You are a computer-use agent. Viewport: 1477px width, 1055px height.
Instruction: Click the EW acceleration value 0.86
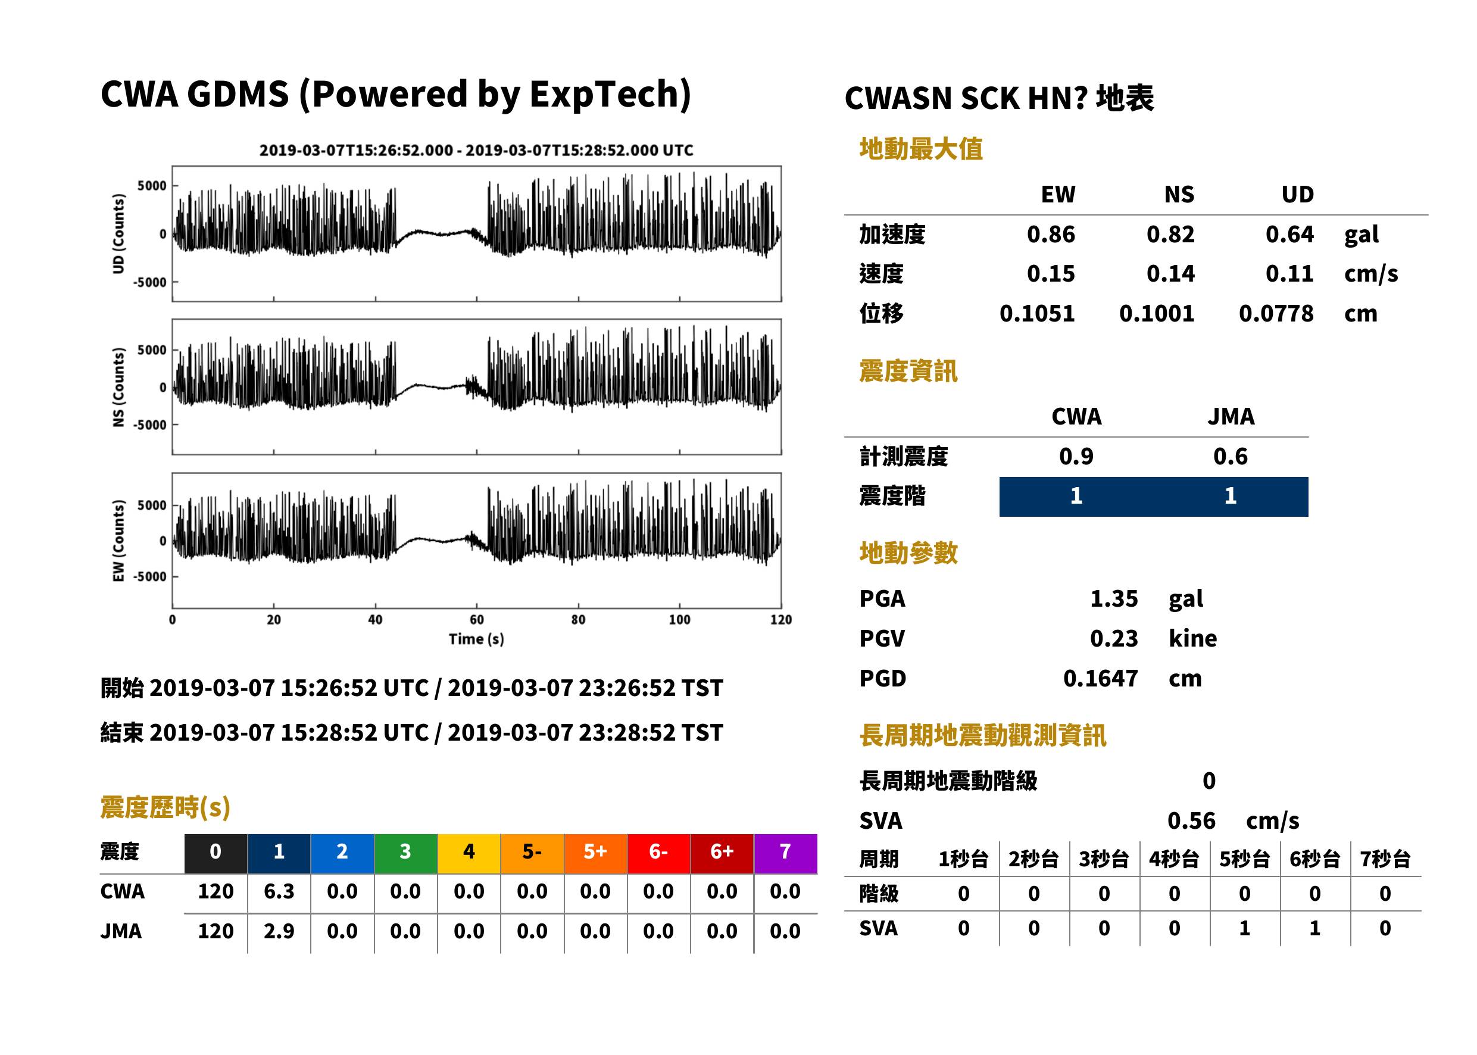pyautogui.click(x=1050, y=234)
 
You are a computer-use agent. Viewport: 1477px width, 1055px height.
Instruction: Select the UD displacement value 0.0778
pyautogui.click(x=1276, y=313)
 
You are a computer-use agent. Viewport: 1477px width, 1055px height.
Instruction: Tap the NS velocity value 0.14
pyautogui.click(x=1170, y=273)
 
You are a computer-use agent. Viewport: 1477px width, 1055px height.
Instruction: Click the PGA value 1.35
pyautogui.click(x=1114, y=598)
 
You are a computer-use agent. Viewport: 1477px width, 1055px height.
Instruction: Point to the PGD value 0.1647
pyautogui.click(x=1100, y=678)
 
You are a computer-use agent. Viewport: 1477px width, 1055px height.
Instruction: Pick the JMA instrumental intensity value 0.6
pyautogui.click(x=1230, y=456)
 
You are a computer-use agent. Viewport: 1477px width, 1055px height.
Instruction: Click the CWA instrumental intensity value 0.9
pyautogui.click(x=1076, y=456)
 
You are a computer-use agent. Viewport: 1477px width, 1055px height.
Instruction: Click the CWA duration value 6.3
pyautogui.click(x=279, y=891)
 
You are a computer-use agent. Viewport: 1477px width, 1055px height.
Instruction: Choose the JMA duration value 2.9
pyautogui.click(x=279, y=931)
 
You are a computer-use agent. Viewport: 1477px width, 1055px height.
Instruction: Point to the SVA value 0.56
pyautogui.click(x=1191, y=820)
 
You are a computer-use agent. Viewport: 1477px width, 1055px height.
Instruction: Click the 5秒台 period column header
pyautogui.click(x=1244, y=859)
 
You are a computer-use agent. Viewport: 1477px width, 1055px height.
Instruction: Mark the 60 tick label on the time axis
pyautogui.click(x=477, y=620)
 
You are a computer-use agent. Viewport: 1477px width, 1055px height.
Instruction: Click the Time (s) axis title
pyautogui.click(x=476, y=639)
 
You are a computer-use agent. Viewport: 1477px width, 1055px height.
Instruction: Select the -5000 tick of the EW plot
pyautogui.click(x=150, y=577)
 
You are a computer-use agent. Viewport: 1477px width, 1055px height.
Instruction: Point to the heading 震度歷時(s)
pyautogui.click(x=166, y=807)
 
